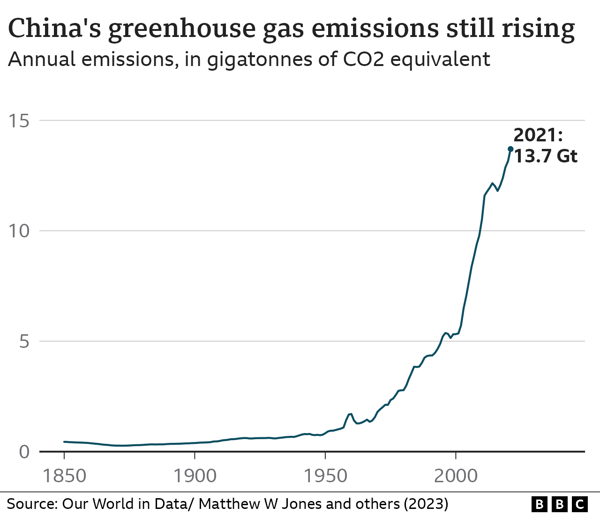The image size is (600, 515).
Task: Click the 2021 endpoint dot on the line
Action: [510, 149]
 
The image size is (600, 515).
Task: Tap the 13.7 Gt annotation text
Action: [546, 156]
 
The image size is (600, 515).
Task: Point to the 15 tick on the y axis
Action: [19, 121]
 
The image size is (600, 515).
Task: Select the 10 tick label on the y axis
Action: [19, 231]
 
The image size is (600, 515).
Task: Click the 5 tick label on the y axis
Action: [24, 341]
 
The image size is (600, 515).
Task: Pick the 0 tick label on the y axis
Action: [24, 452]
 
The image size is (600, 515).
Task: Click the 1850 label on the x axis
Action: [64, 476]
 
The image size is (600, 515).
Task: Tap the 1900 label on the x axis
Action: [195, 476]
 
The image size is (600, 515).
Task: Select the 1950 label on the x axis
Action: [325, 476]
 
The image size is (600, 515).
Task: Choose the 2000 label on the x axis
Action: [456, 476]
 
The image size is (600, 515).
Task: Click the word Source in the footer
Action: [31, 504]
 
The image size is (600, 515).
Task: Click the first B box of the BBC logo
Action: [540, 504]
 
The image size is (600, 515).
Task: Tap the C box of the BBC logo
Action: [580, 504]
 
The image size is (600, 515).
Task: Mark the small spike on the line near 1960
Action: [350, 414]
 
